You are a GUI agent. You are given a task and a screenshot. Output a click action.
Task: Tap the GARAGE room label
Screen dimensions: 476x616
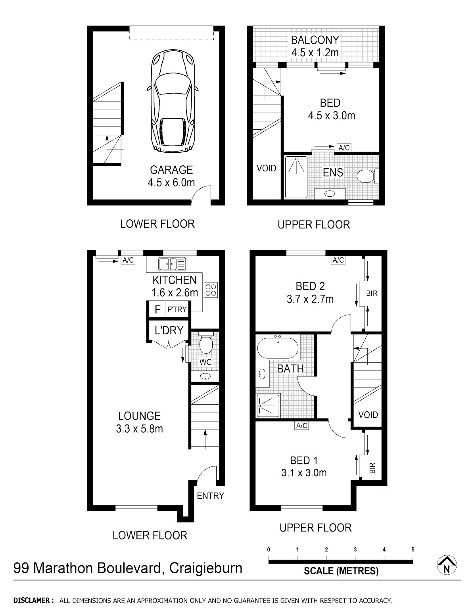[x=171, y=170]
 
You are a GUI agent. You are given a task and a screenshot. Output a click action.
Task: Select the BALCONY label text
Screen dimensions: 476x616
[x=315, y=40]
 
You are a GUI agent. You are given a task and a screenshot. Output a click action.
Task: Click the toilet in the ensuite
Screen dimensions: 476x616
[x=368, y=177]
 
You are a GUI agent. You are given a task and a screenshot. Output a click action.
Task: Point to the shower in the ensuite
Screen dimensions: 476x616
[x=296, y=177]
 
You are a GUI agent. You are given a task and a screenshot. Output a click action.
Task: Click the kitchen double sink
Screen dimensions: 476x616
[x=172, y=264]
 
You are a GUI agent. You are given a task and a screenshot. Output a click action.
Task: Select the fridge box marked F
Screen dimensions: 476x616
[x=157, y=309]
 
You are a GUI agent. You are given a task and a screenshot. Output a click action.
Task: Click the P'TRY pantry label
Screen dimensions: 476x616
[x=177, y=309]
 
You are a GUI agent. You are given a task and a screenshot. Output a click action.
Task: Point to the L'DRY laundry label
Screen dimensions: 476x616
[x=169, y=330]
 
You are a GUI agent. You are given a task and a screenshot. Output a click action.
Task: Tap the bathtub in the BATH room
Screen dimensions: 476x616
[x=278, y=347]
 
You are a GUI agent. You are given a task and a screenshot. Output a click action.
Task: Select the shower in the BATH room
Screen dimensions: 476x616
[x=268, y=405]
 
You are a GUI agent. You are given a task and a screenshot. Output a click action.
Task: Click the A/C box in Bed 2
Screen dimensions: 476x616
[x=338, y=260]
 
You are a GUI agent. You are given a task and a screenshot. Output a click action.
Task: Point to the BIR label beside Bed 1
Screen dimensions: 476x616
[x=372, y=468]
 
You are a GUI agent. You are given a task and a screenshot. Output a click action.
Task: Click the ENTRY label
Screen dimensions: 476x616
[x=210, y=496]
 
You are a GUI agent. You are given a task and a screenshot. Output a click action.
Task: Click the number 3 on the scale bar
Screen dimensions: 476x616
[x=355, y=550]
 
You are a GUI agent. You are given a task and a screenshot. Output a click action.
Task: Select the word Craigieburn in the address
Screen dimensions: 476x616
[x=206, y=568]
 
